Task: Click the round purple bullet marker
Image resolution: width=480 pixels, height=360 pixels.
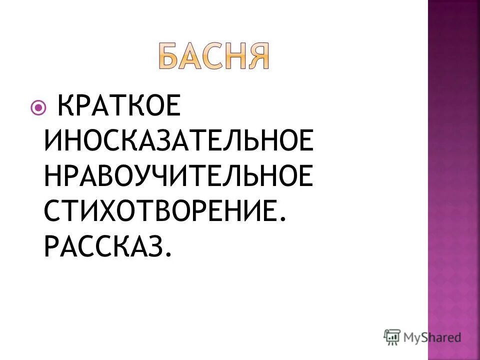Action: (38, 107)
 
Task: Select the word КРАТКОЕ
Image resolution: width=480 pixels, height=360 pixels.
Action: (118, 107)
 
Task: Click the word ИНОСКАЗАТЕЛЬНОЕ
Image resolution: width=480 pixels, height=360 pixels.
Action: (179, 141)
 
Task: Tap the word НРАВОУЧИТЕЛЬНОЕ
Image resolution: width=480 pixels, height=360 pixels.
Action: (179, 176)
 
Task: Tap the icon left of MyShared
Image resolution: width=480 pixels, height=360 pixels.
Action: (392, 337)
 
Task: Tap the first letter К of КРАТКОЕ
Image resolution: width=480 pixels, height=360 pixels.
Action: (68, 107)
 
